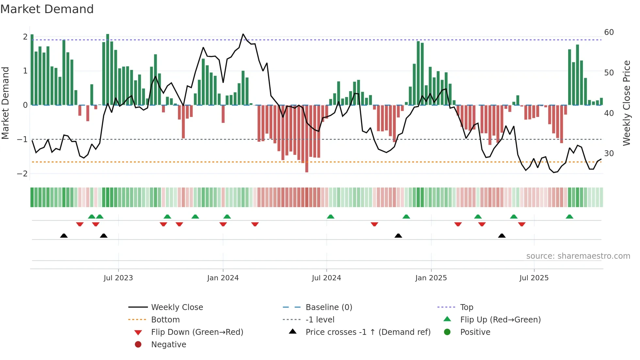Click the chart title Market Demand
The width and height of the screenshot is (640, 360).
[x=47, y=9]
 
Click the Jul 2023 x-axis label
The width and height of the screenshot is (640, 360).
[x=118, y=278]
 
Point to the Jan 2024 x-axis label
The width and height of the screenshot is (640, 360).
[x=223, y=278]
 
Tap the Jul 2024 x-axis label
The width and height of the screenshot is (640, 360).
[x=327, y=278]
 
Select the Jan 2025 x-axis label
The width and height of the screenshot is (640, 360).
[x=431, y=278]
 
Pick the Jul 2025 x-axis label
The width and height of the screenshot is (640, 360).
[x=534, y=278]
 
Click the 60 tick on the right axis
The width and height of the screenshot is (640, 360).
[x=609, y=32]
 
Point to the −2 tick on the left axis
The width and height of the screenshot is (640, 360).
[x=22, y=174]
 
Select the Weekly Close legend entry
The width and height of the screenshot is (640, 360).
[x=177, y=307]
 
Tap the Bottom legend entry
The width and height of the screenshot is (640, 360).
[x=165, y=320]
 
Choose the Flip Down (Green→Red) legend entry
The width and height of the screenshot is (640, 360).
[x=197, y=332]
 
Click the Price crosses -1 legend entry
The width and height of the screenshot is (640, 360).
[x=368, y=332]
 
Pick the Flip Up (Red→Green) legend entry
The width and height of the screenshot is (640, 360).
[x=500, y=320]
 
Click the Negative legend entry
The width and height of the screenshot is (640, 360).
[x=168, y=345]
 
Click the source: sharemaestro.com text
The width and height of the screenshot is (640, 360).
[x=578, y=256]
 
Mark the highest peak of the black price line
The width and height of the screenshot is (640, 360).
[x=243, y=34]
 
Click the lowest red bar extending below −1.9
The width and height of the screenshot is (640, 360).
[x=307, y=168]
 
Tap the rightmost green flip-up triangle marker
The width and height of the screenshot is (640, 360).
[x=569, y=217]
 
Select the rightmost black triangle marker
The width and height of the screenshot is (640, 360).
[x=502, y=236]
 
